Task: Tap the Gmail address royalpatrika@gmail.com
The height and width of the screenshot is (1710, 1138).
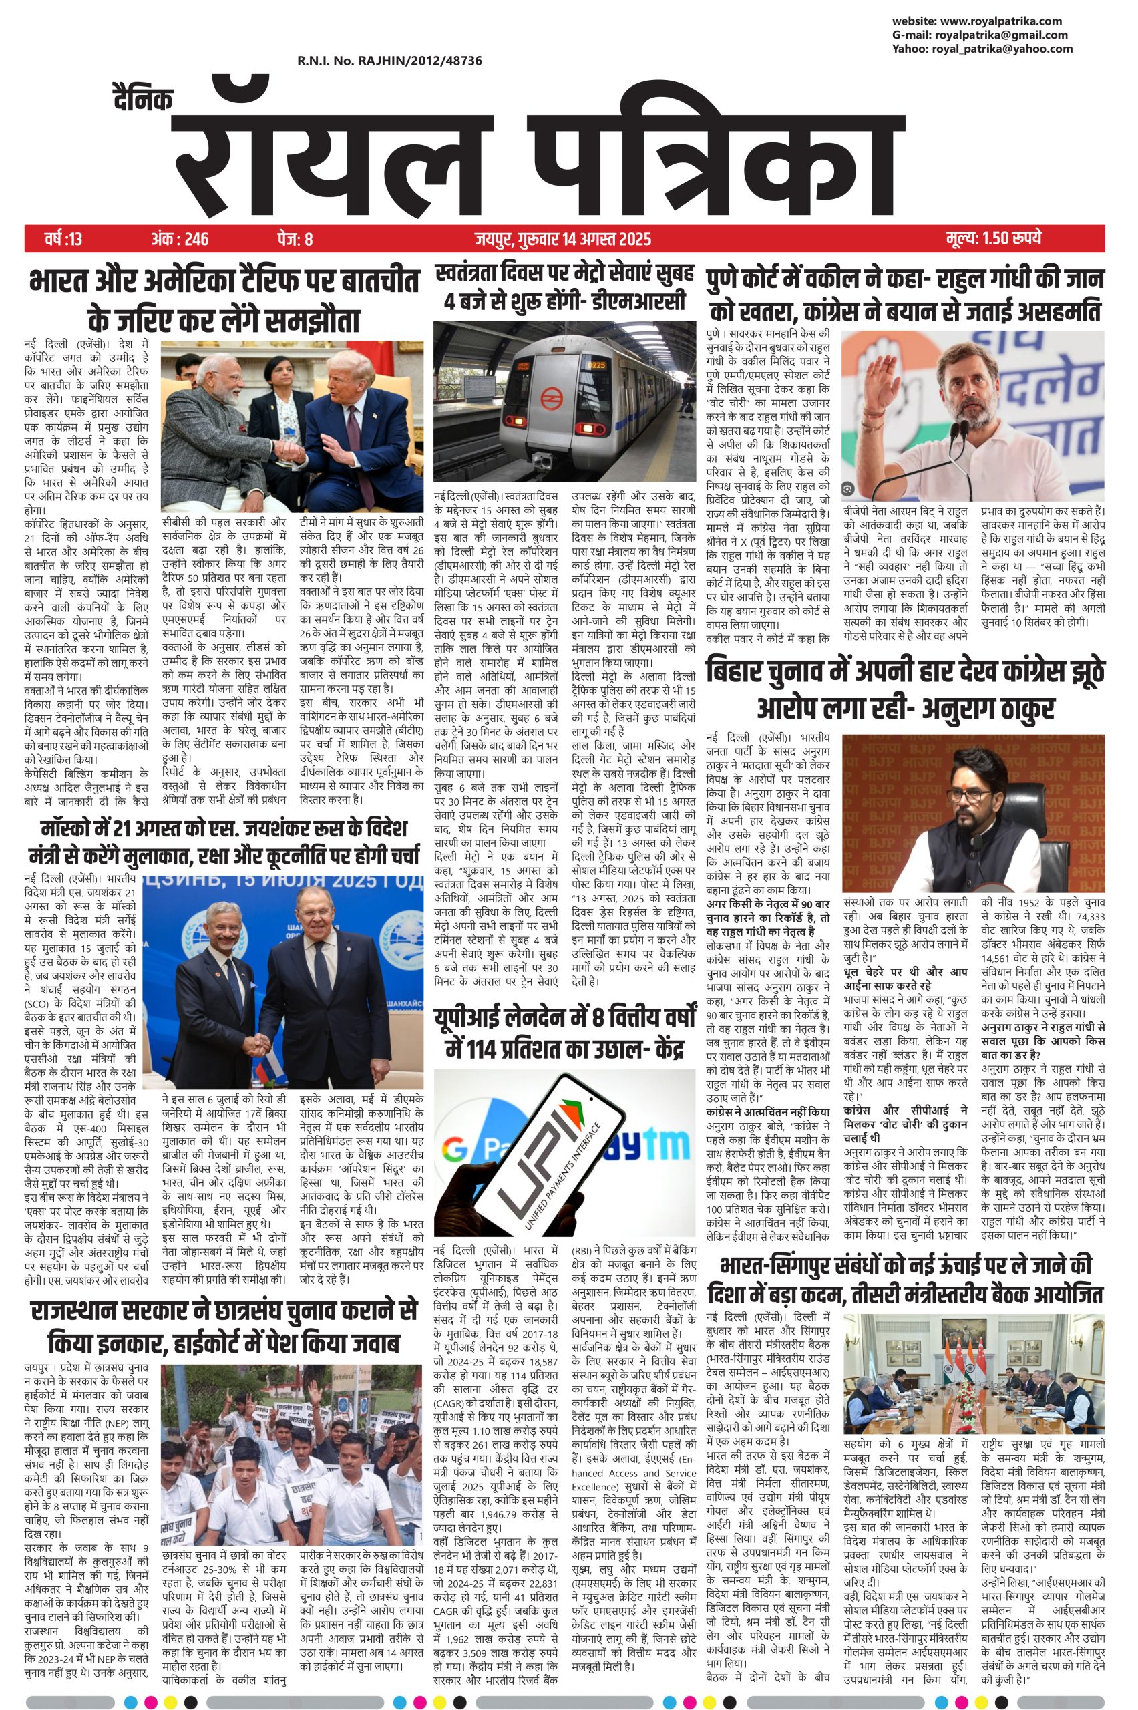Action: click(x=1001, y=35)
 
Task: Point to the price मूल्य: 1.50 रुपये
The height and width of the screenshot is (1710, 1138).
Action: click(x=994, y=238)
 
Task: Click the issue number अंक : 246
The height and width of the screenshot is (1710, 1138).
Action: click(x=180, y=238)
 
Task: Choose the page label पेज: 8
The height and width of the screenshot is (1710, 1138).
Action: click(x=294, y=238)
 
